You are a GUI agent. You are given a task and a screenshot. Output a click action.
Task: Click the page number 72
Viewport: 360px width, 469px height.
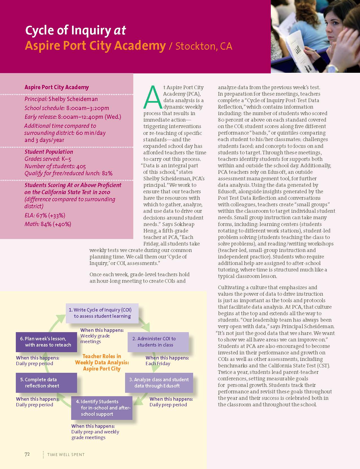pos(27,454)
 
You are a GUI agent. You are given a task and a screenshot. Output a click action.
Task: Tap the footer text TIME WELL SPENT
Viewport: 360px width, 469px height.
pos(66,455)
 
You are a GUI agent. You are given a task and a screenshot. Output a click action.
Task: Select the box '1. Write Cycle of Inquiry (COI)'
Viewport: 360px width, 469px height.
pos(102,313)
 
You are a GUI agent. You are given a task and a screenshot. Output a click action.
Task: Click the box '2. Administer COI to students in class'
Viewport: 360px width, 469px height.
pos(158,342)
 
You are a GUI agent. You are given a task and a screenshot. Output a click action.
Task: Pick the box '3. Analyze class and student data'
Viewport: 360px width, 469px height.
pos(159,383)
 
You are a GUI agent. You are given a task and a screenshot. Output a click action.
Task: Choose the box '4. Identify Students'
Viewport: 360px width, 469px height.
pos(102,408)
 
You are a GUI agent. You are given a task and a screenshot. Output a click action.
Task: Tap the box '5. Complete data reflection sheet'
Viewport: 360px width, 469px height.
pos(46,383)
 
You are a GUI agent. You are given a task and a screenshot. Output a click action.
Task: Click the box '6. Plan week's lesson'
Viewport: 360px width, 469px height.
pos(46,342)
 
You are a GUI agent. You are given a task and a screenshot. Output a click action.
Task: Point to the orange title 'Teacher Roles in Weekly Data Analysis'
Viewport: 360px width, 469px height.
pos(102,362)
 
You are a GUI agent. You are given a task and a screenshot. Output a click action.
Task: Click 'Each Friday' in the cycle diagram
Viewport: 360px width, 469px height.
pos(158,363)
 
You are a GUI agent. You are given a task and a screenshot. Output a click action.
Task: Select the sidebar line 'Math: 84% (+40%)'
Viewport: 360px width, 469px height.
pos(48,224)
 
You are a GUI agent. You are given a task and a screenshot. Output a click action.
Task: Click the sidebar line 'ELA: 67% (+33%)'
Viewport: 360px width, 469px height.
pos(45,216)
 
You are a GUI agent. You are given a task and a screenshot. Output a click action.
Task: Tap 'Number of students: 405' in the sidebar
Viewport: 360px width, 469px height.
pos(55,166)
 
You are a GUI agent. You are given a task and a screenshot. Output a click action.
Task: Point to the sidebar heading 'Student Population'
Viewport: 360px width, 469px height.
pos(49,152)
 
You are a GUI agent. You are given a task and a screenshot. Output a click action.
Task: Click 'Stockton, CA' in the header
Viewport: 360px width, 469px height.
pos(204,46)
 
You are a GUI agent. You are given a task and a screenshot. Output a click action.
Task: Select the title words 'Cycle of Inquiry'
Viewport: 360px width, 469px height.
pos(68,30)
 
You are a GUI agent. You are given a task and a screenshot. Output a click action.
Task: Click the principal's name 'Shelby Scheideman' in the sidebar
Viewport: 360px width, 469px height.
pos(73,99)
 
